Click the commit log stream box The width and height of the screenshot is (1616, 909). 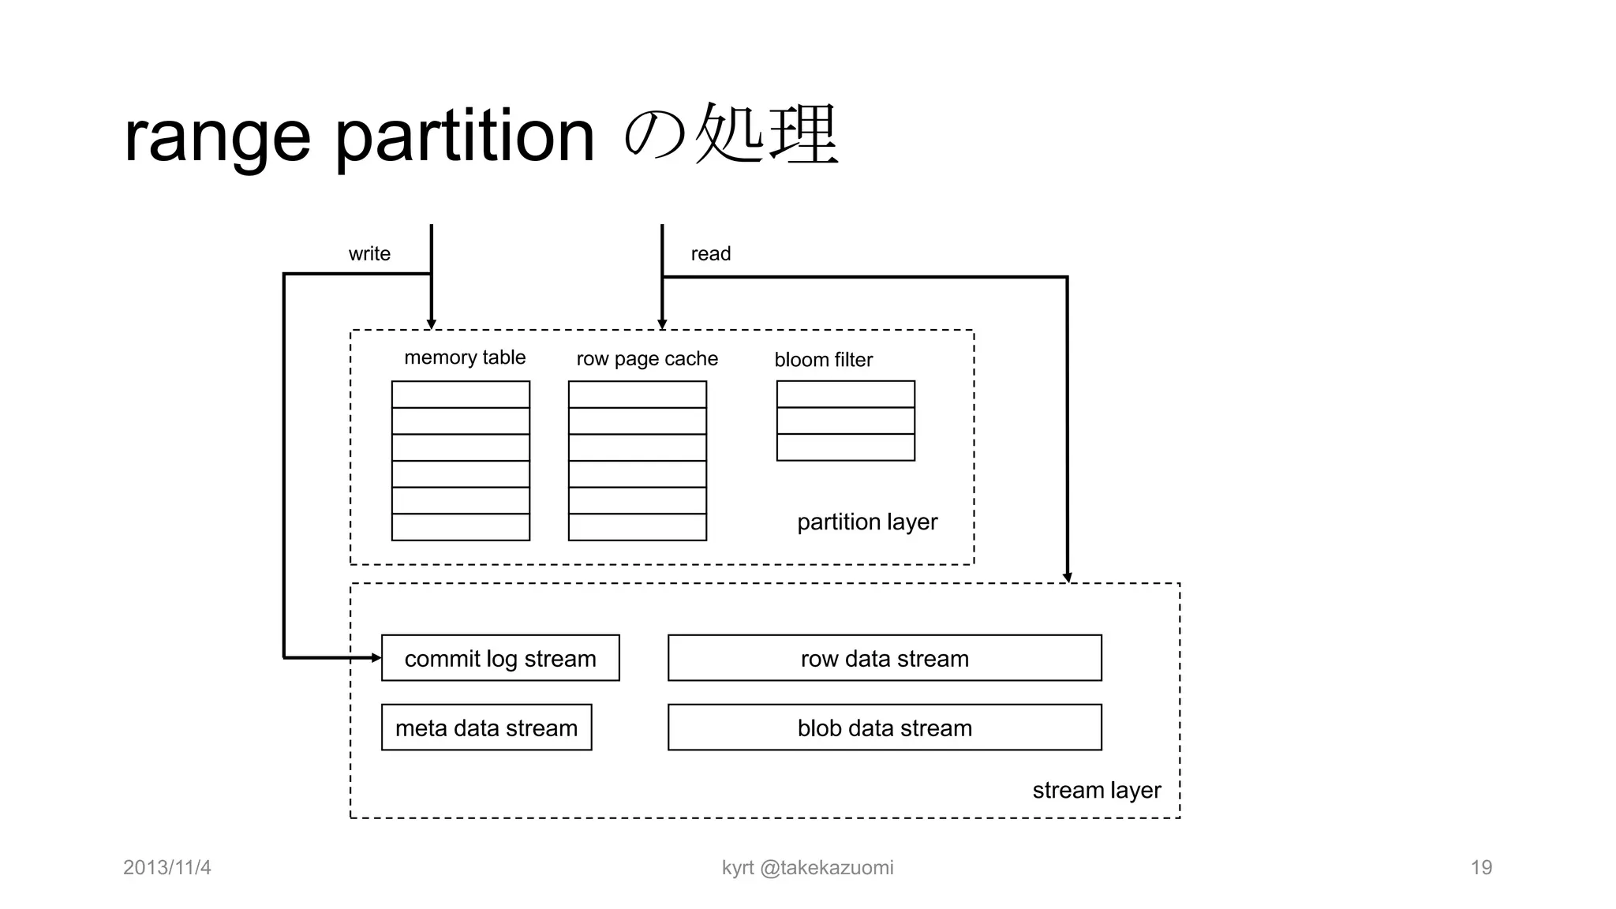point(500,658)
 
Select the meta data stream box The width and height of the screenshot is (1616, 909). point(486,728)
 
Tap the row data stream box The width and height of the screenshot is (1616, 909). point(885,658)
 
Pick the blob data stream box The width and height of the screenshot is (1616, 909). point(885,728)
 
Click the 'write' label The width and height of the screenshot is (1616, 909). point(369,253)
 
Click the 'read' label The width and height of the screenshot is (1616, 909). point(710,253)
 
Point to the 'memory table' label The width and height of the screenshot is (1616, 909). point(465,357)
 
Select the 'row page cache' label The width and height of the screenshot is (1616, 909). point(647,359)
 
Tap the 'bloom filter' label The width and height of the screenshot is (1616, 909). point(823,360)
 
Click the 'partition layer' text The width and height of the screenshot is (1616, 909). point(867,522)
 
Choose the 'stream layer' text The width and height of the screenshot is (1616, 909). point(1096,790)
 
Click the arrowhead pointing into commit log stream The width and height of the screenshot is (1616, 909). point(376,657)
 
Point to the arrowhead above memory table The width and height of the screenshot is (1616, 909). point(432,324)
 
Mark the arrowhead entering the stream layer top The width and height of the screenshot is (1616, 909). point(1067,578)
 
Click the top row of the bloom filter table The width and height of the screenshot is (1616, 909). point(845,395)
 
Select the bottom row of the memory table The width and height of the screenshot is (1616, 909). point(461,527)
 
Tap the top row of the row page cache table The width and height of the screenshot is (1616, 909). point(637,395)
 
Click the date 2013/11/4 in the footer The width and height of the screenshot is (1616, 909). point(167,867)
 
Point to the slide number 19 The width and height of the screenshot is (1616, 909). point(1481,867)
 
